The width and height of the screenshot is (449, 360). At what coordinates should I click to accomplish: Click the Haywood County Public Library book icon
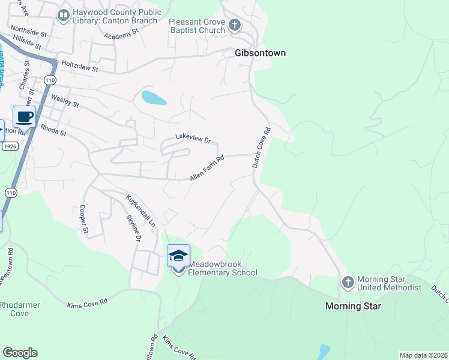pyautogui.click(x=63, y=14)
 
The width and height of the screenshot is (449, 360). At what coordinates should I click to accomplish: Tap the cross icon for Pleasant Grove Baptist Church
pyautogui.click(x=235, y=25)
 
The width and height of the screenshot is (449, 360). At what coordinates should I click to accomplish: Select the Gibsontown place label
pyautogui.click(x=259, y=53)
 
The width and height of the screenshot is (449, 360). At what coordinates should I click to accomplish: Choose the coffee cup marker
pyautogui.click(x=24, y=116)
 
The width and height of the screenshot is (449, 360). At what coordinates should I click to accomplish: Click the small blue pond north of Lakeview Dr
pyautogui.click(x=154, y=97)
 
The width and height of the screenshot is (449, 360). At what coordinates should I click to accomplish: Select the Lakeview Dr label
pyautogui.click(x=193, y=139)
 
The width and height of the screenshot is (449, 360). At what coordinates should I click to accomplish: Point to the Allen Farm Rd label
pyautogui.click(x=206, y=169)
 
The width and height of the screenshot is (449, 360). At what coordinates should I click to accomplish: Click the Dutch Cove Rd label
pyautogui.click(x=261, y=146)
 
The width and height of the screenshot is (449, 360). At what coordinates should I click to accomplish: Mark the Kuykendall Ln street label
pyautogui.click(x=140, y=210)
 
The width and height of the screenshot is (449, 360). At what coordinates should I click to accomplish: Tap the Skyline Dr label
pyautogui.click(x=133, y=229)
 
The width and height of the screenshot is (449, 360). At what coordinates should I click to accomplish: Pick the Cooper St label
pyautogui.click(x=84, y=220)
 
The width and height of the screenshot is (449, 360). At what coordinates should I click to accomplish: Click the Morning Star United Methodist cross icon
pyautogui.click(x=348, y=282)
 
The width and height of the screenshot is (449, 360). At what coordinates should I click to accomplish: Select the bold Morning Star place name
pyautogui.click(x=353, y=306)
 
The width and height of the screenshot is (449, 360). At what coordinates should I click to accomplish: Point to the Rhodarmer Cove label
pyautogui.click(x=20, y=309)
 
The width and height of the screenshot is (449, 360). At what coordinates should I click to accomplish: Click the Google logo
pyautogui.click(x=20, y=353)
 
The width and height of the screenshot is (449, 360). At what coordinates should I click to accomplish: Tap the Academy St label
pyautogui.click(x=121, y=36)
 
